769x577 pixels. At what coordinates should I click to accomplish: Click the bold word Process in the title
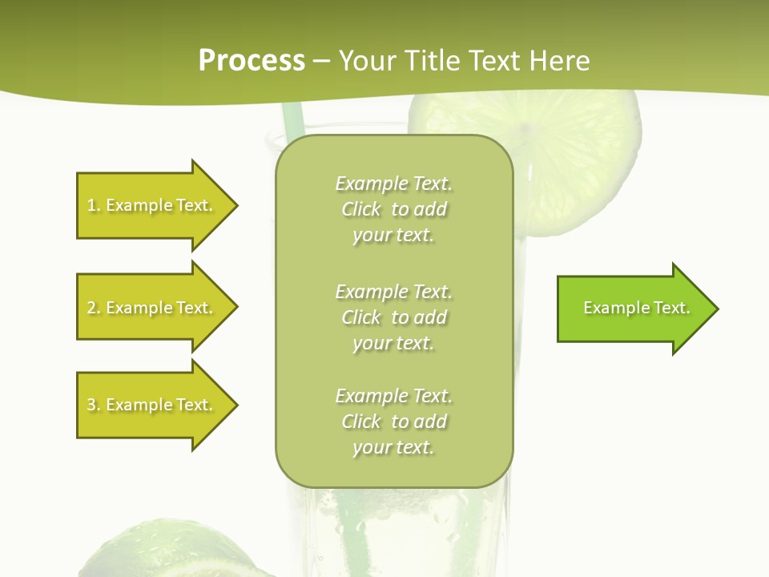click(x=252, y=61)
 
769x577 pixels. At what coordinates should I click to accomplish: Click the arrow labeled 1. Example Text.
click(x=152, y=205)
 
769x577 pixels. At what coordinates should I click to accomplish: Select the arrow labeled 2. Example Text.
click(x=152, y=308)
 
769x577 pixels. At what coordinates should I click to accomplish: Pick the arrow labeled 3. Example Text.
click(x=152, y=405)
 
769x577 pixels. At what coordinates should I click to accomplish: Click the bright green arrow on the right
click(x=633, y=309)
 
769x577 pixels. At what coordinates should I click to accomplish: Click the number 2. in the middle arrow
click(x=93, y=308)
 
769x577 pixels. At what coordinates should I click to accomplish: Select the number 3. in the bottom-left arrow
click(x=93, y=405)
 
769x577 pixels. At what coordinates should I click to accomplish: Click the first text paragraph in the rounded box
click(x=393, y=209)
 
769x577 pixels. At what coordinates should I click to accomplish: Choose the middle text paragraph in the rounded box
click(x=393, y=317)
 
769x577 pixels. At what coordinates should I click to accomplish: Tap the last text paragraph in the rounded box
click(x=393, y=422)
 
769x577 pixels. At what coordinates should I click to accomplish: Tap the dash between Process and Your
click(x=321, y=62)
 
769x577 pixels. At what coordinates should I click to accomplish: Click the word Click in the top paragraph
click(x=361, y=209)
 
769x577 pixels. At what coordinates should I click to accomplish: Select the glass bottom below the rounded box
click(x=393, y=533)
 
